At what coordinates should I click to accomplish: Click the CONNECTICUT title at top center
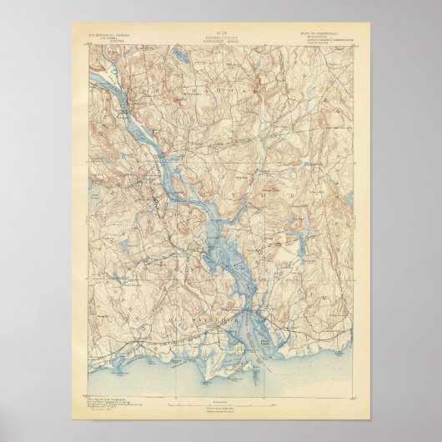point(220,33)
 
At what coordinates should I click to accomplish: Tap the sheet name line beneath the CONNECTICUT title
point(220,38)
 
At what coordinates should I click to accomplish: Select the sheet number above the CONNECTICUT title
point(220,28)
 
